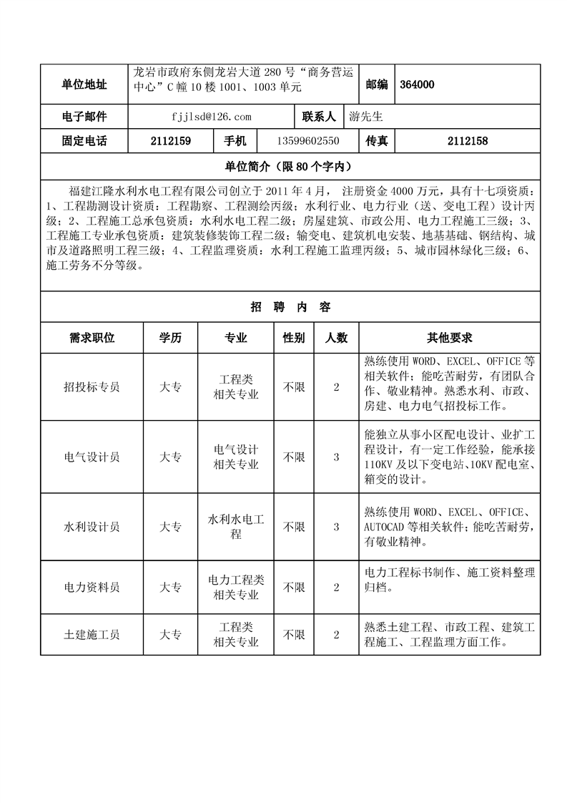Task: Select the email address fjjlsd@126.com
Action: (x=212, y=116)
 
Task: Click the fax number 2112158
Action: (x=467, y=142)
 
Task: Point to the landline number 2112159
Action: (x=170, y=142)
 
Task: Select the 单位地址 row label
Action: (x=84, y=84)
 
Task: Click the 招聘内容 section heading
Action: (x=290, y=307)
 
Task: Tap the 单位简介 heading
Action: (x=290, y=167)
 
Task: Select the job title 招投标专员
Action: (x=92, y=387)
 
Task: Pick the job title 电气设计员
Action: (x=92, y=457)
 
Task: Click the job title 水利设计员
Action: (x=92, y=527)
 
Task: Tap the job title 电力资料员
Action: (x=92, y=588)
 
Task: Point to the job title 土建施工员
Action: (x=92, y=635)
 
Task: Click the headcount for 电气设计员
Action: (x=336, y=457)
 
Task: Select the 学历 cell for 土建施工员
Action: (x=170, y=635)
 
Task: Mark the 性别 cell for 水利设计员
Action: (x=294, y=527)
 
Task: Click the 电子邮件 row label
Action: (x=84, y=116)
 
